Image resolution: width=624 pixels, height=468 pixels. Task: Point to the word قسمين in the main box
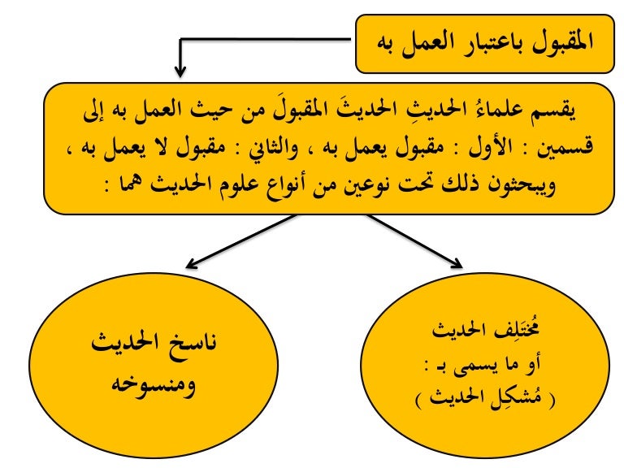click(566, 146)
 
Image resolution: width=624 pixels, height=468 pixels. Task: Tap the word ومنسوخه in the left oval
click(154, 385)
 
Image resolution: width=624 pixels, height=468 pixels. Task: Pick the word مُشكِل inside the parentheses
click(518, 398)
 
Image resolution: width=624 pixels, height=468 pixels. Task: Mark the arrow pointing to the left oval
click(241, 241)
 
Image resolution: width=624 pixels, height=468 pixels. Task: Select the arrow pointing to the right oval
click(414, 241)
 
